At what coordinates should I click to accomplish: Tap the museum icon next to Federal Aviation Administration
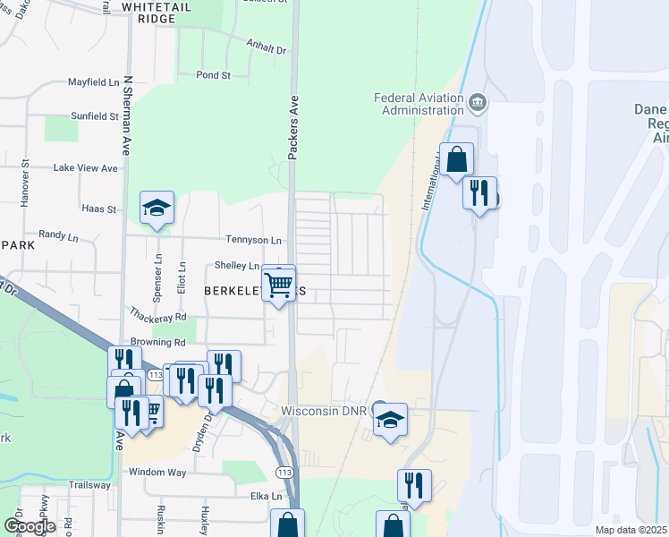pos(477,102)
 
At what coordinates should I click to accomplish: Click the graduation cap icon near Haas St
pos(157,209)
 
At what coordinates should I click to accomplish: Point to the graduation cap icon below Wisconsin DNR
pos(390,421)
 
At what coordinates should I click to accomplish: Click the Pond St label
pos(214,75)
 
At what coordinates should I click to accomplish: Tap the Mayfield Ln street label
pos(93,82)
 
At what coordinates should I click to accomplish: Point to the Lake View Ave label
pos(85,167)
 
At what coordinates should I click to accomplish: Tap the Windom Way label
pos(157,472)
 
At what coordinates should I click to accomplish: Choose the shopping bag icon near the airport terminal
pos(456,160)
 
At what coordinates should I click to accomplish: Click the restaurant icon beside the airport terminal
pos(479,192)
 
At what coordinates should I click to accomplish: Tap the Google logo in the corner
pos(29,526)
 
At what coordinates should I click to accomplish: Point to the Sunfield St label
pos(94,116)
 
